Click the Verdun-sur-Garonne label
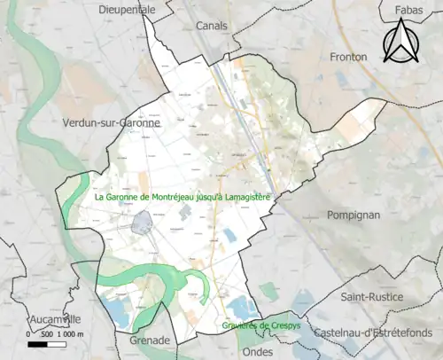click(x=113, y=123)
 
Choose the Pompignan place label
click(x=353, y=215)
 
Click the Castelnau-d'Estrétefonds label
click(x=384, y=331)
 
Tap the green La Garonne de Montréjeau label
click(x=183, y=198)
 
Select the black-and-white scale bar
click(x=49, y=343)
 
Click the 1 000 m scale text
click(x=68, y=333)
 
